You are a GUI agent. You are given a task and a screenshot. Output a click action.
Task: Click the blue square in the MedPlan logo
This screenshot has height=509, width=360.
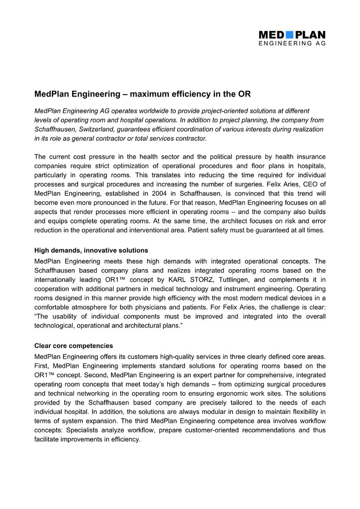[x=289, y=35]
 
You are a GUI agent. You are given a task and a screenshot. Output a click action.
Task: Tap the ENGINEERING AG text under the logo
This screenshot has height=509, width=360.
[x=292, y=44]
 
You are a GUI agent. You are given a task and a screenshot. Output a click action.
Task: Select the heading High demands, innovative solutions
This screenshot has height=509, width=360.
[x=91, y=250]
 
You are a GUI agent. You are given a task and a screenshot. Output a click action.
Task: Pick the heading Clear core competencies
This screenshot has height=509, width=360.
[x=73, y=345]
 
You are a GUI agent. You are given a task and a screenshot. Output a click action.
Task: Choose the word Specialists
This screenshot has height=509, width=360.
[x=84, y=430]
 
